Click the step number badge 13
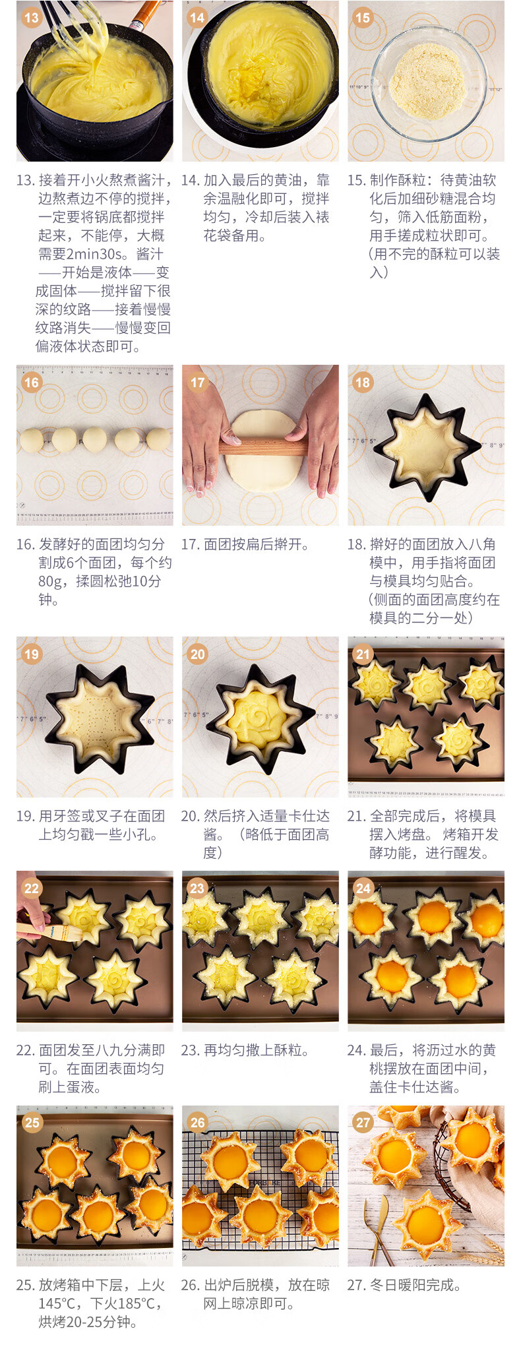pyautogui.click(x=32, y=18)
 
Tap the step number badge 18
pyautogui.click(x=363, y=382)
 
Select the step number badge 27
pyautogui.click(x=363, y=1122)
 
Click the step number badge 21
pyautogui.click(x=363, y=654)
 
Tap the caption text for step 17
pyautogui.click(x=245, y=544)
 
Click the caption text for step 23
pyautogui.click(x=245, y=1050)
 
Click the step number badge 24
pyautogui.click(x=363, y=888)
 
